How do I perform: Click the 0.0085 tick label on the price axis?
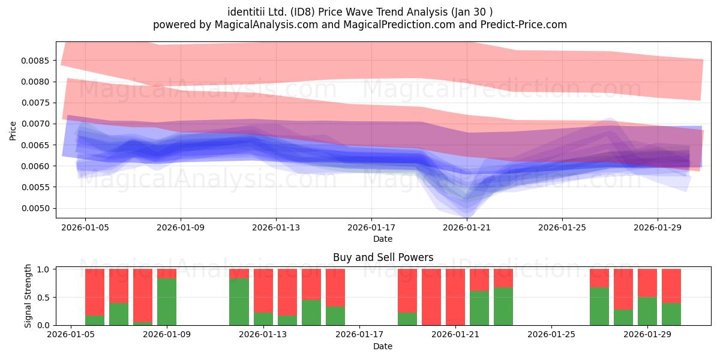click(35, 61)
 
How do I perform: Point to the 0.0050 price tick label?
click(35, 209)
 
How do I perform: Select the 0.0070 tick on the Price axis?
click(35, 124)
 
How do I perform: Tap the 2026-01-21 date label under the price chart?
click(467, 228)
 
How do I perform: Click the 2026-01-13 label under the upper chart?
click(276, 228)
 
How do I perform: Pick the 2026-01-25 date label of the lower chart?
click(551, 335)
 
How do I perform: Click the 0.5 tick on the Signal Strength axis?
click(44, 298)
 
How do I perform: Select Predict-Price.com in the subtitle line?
click(524, 25)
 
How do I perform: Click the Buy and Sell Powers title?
click(383, 257)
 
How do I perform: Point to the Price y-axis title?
click(13, 131)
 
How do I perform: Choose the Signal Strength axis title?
click(28, 296)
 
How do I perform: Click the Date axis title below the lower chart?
click(383, 347)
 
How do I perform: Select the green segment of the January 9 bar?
click(167, 302)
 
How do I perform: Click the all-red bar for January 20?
click(431, 297)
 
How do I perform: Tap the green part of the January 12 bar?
click(239, 302)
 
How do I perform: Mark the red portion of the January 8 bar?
click(143, 296)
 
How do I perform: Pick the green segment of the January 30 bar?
click(671, 314)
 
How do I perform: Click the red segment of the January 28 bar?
click(623, 289)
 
